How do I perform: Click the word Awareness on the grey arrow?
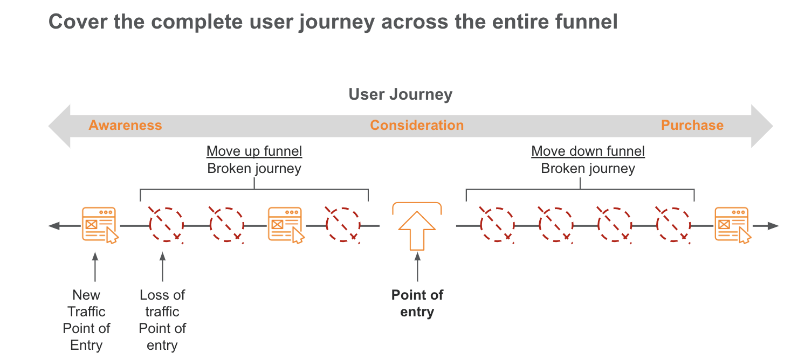pos(125,126)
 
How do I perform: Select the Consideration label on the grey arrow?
pos(416,126)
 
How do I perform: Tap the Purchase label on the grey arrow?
pos(692,126)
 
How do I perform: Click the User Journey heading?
pos(400,94)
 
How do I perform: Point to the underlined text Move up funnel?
pos(254,151)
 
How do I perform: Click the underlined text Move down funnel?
pos(588,151)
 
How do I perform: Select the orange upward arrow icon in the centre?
pos(417,231)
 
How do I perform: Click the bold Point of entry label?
pos(417,303)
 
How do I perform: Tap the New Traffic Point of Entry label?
pos(86,320)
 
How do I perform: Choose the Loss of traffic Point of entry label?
pos(162,320)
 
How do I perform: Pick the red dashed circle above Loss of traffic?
pos(166,225)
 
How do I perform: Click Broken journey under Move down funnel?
pos(588,169)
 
